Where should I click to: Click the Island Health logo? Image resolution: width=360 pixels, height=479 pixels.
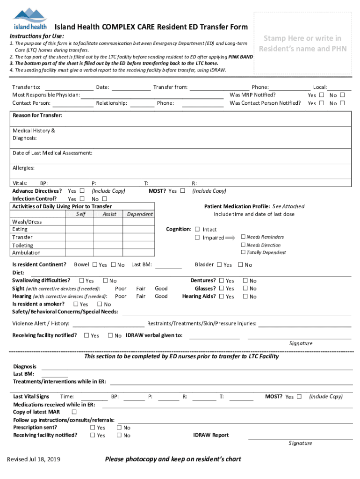pyautogui.click(x=30, y=19)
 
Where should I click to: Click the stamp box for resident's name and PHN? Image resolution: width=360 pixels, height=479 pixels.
pyautogui.click(x=303, y=44)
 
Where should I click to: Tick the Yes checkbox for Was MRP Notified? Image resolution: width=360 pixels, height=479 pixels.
pyautogui.click(x=321, y=95)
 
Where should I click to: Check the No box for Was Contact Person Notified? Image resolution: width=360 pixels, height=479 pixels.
pyautogui.click(x=342, y=103)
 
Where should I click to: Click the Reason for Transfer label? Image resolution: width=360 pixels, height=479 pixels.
pyautogui.click(x=37, y=115)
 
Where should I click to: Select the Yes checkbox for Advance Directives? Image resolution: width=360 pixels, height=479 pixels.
pyautogui.click(x=82, y=191)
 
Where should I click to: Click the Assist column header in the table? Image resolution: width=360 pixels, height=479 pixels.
pyautogui.click(x=109, y=214)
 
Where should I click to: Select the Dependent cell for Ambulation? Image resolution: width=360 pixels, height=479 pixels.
pyautogui.click(x=139, y=253)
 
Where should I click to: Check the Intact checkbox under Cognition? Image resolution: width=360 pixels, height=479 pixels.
pyautogui.click(x=197, y=229)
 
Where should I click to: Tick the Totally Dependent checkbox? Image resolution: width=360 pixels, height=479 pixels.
pyautogui.click(x=243, y=253)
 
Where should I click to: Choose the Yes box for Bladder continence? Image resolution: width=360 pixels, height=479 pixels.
pyautogui.click(x=219, y=265)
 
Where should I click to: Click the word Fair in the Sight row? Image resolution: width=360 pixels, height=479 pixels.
pyautogui.click(x=141, y=289)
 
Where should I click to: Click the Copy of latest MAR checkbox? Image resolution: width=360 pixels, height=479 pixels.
pyautogui.click(x=74, y=412)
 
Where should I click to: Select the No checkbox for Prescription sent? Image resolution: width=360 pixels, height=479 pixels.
pyautogui.click(x=119, y=428)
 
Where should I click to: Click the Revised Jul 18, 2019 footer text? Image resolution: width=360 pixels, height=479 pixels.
pyautogui.click(x=33, y=459)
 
